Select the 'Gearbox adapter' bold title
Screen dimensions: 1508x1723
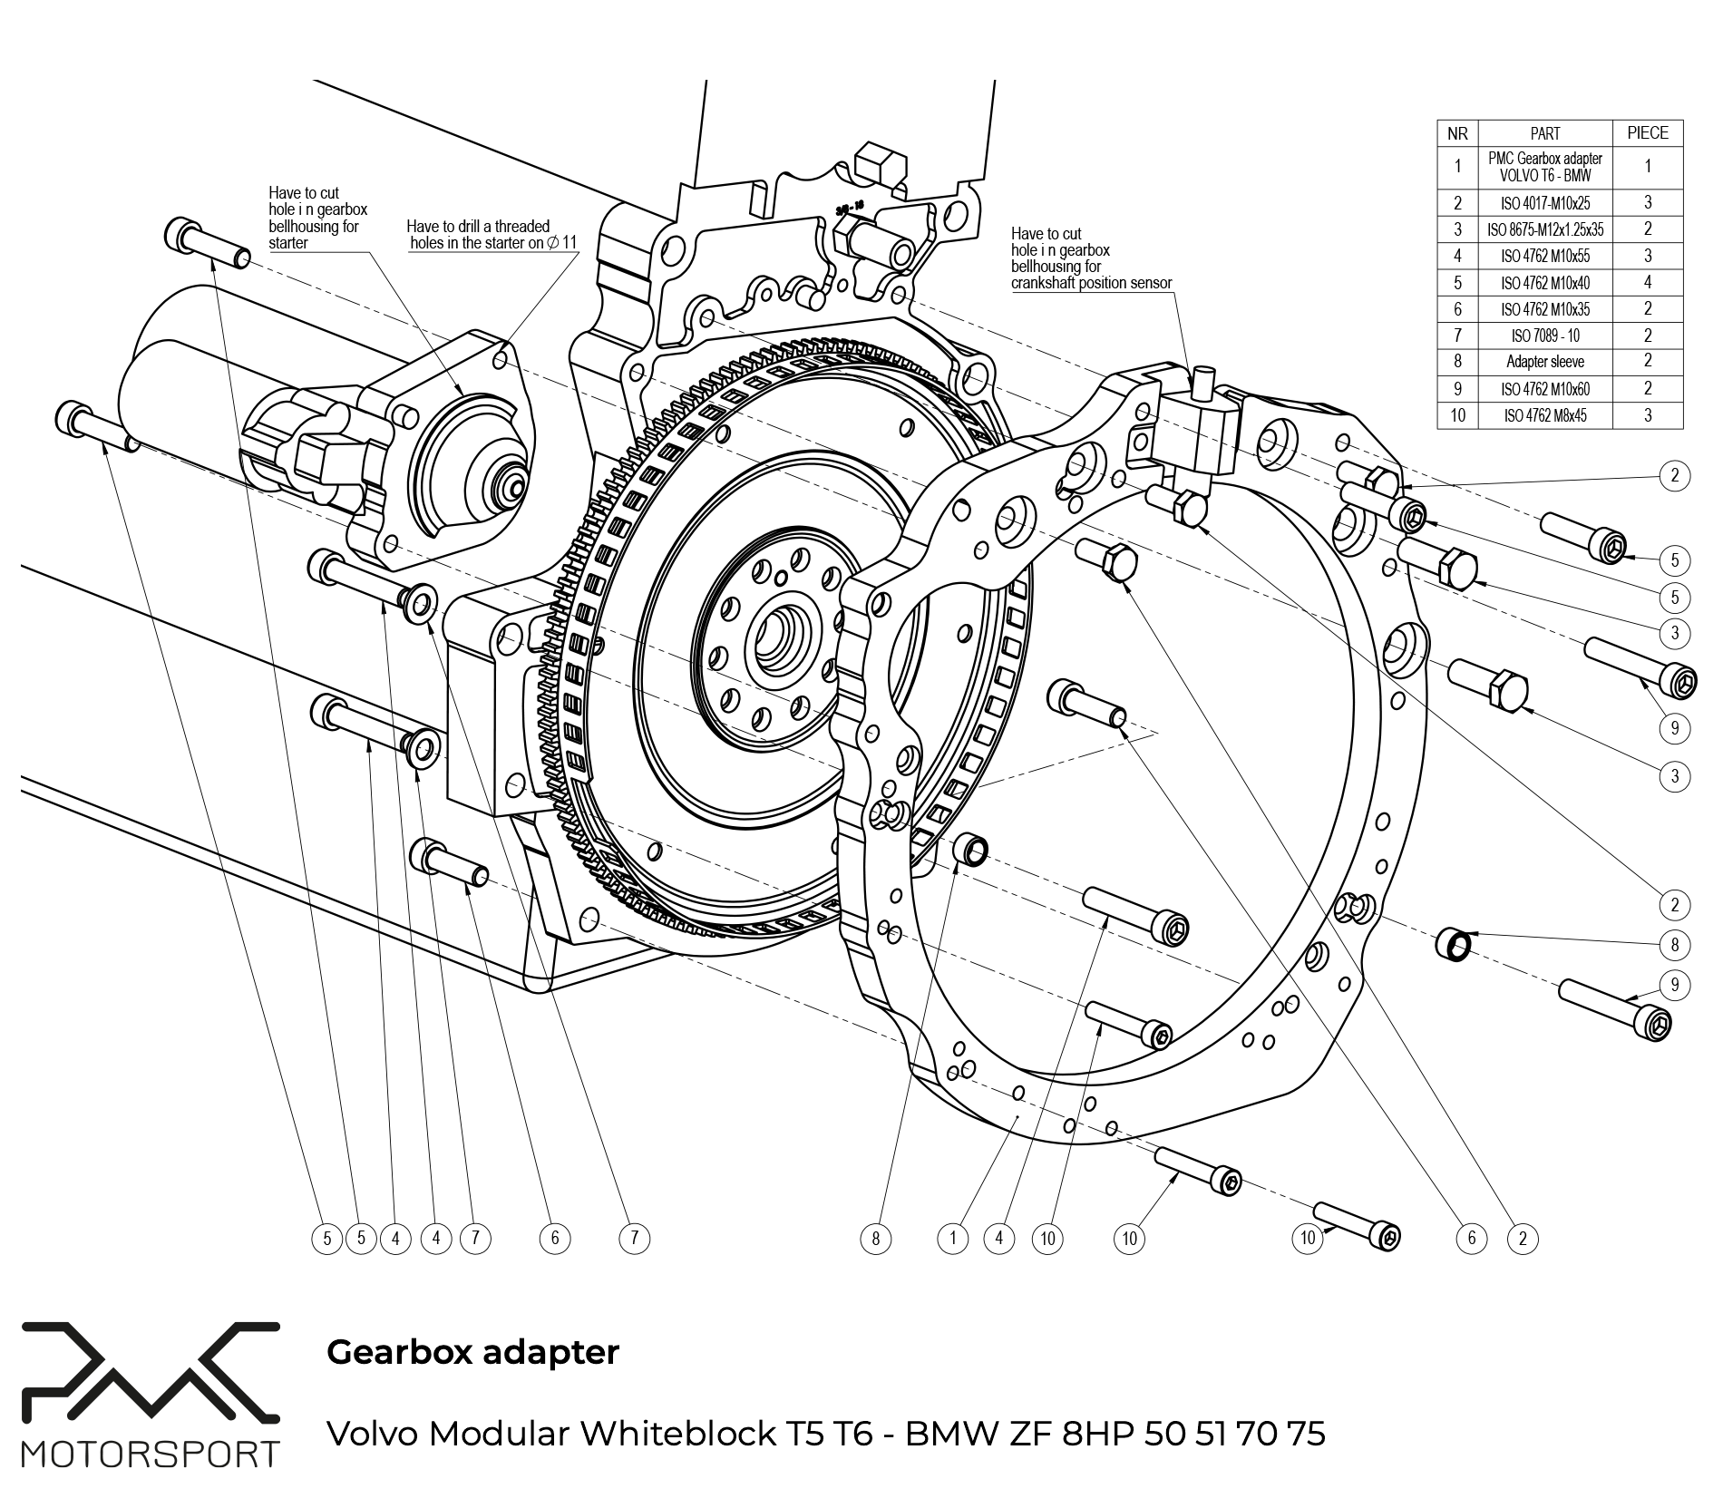[x=472, y=1352]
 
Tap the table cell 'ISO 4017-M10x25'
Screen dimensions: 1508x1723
[x=1544, y=203]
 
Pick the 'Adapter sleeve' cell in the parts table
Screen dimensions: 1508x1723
[x=1544, y=362]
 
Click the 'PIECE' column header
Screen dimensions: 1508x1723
[x=1647, y=133]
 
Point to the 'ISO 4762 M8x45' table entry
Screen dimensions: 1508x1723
[x=1544, y=416]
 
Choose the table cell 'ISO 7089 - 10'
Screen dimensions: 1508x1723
[x=1544, y=336]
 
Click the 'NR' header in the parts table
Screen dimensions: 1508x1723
[x=1457, y=133]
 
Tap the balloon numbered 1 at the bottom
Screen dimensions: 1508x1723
[x=952, y=1238]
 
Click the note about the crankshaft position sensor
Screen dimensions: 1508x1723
[x=1091, y=258]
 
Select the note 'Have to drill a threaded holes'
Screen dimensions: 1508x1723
[x=491, y=235]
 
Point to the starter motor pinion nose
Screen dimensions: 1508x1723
[x=513, y=484]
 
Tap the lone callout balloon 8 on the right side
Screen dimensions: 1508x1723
[x=1674, y=945]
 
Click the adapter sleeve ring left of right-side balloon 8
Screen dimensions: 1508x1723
[x=1454, y=943]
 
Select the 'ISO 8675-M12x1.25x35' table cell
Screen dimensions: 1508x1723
[x=1544, y=229]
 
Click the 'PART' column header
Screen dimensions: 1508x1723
[x=1544, y=133]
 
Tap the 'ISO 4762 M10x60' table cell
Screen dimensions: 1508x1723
[x=1544, y=389]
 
